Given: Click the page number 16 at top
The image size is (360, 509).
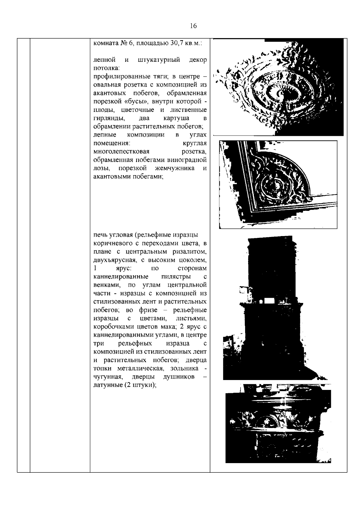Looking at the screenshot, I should click(193, 26).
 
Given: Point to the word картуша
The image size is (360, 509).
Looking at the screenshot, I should click(176, 118).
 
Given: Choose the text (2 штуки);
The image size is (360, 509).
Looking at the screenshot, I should click(139, 385).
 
